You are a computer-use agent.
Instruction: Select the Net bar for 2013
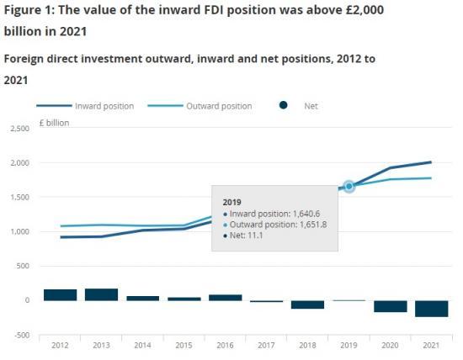[101, 294]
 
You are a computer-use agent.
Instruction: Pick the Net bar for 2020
[391, 306]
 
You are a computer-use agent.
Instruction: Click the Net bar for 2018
[308, 304]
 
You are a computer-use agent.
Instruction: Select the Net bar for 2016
[225, 297]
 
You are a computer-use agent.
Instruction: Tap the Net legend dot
[283, 106]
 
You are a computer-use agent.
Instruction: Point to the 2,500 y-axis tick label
[18, 129]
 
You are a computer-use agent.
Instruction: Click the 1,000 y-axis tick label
[18, 231]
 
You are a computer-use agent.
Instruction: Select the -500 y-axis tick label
[20, 335]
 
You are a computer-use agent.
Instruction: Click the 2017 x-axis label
[266, 345]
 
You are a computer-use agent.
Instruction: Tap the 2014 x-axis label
[142, 345]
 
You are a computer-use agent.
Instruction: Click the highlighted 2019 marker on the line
[349, 186]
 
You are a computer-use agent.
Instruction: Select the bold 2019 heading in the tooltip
[231, 203]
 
